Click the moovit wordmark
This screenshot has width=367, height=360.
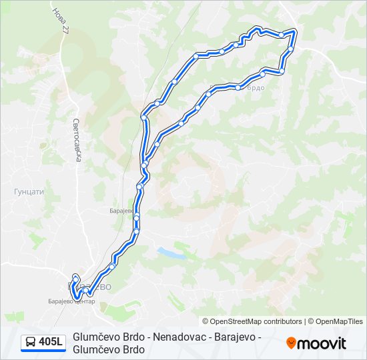tap(322, 343)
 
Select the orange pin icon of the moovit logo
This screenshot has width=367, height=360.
tap(291, 343)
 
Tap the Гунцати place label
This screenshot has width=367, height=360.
tap(29, 191)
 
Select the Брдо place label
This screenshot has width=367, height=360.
tap(256, 88)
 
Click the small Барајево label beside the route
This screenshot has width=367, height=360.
tap(121, 210)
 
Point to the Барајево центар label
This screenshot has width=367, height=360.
tap(73, 301)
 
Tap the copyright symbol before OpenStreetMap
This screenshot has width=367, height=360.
tap(206, 321)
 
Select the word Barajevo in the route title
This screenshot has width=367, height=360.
tap(237, 337)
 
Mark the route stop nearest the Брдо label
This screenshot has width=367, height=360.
tap(238, 87)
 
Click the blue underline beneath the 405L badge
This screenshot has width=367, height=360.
tap(43, 351)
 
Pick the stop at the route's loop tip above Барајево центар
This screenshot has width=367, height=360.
tap(75, 277)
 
